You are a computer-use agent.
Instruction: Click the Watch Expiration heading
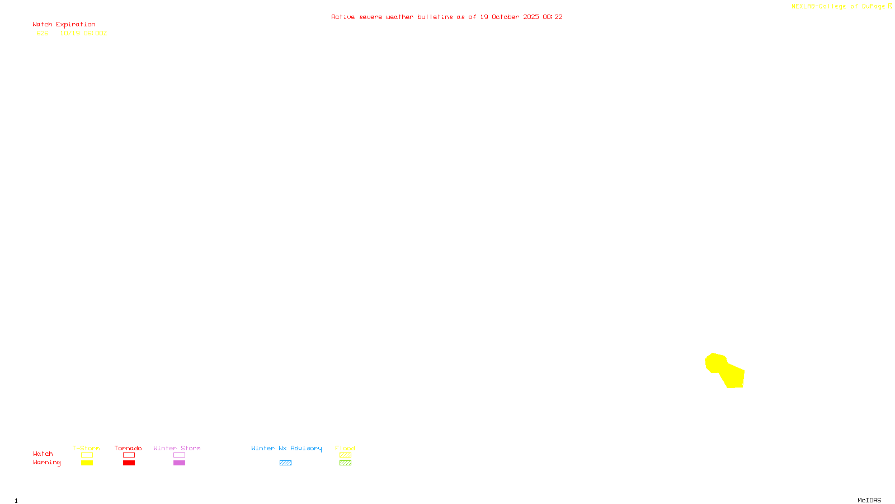[x=64, y=25]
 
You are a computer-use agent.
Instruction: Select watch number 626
[x=43, y=34]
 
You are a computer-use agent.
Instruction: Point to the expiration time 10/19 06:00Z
[x=83, y=34]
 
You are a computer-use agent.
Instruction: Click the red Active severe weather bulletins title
[x=446, y=17]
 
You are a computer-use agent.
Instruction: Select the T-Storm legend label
[x=86, y=448]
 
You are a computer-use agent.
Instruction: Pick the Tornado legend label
[x=128, y=448]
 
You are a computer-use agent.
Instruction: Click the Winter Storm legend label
[x=177, y=448]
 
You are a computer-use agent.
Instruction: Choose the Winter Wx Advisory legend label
[x=286, y=448]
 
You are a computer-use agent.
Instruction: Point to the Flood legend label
[x=345, y=448]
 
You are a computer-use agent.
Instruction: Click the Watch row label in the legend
[x=43, y=454]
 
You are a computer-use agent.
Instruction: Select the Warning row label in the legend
[x=47, y=463]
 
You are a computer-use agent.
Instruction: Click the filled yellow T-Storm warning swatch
[x=87, y=463]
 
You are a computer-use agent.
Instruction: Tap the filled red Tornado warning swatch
[x=129, y=463]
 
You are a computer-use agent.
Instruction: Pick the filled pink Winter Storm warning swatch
[x=179, y=463]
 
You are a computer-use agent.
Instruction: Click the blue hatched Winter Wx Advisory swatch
[x=285, y=463]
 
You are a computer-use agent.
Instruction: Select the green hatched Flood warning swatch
[x=345, y=463]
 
